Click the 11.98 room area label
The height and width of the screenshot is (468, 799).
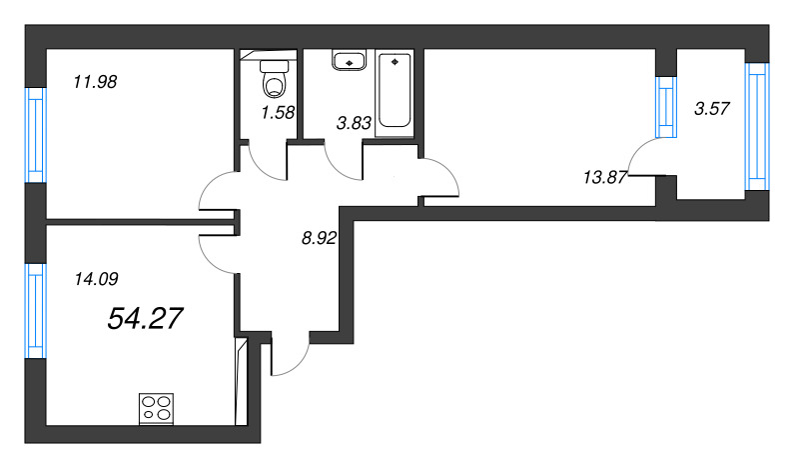pos(95,82)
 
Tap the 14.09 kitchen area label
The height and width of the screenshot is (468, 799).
pos(96,279)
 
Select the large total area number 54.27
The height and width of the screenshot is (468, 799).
pos(145,318)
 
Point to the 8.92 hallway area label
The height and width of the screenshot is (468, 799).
pos(319,238)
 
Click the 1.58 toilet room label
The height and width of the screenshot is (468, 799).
pos(278,112)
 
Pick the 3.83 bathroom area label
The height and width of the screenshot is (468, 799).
pos(354,122)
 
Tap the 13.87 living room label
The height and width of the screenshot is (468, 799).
pos(605,178)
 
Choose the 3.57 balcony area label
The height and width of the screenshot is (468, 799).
pos(712,108)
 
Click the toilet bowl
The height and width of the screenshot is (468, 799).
pos(274,79)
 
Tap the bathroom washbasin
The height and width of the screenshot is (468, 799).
pos(349,60)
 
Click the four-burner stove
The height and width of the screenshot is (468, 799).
pos(157,409)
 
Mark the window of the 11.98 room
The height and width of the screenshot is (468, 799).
pos(36,135)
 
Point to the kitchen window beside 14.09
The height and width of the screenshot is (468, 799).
pos(36,311)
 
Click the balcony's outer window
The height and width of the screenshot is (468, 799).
pos(757,127)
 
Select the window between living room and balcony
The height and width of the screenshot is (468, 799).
pos(666,107)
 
